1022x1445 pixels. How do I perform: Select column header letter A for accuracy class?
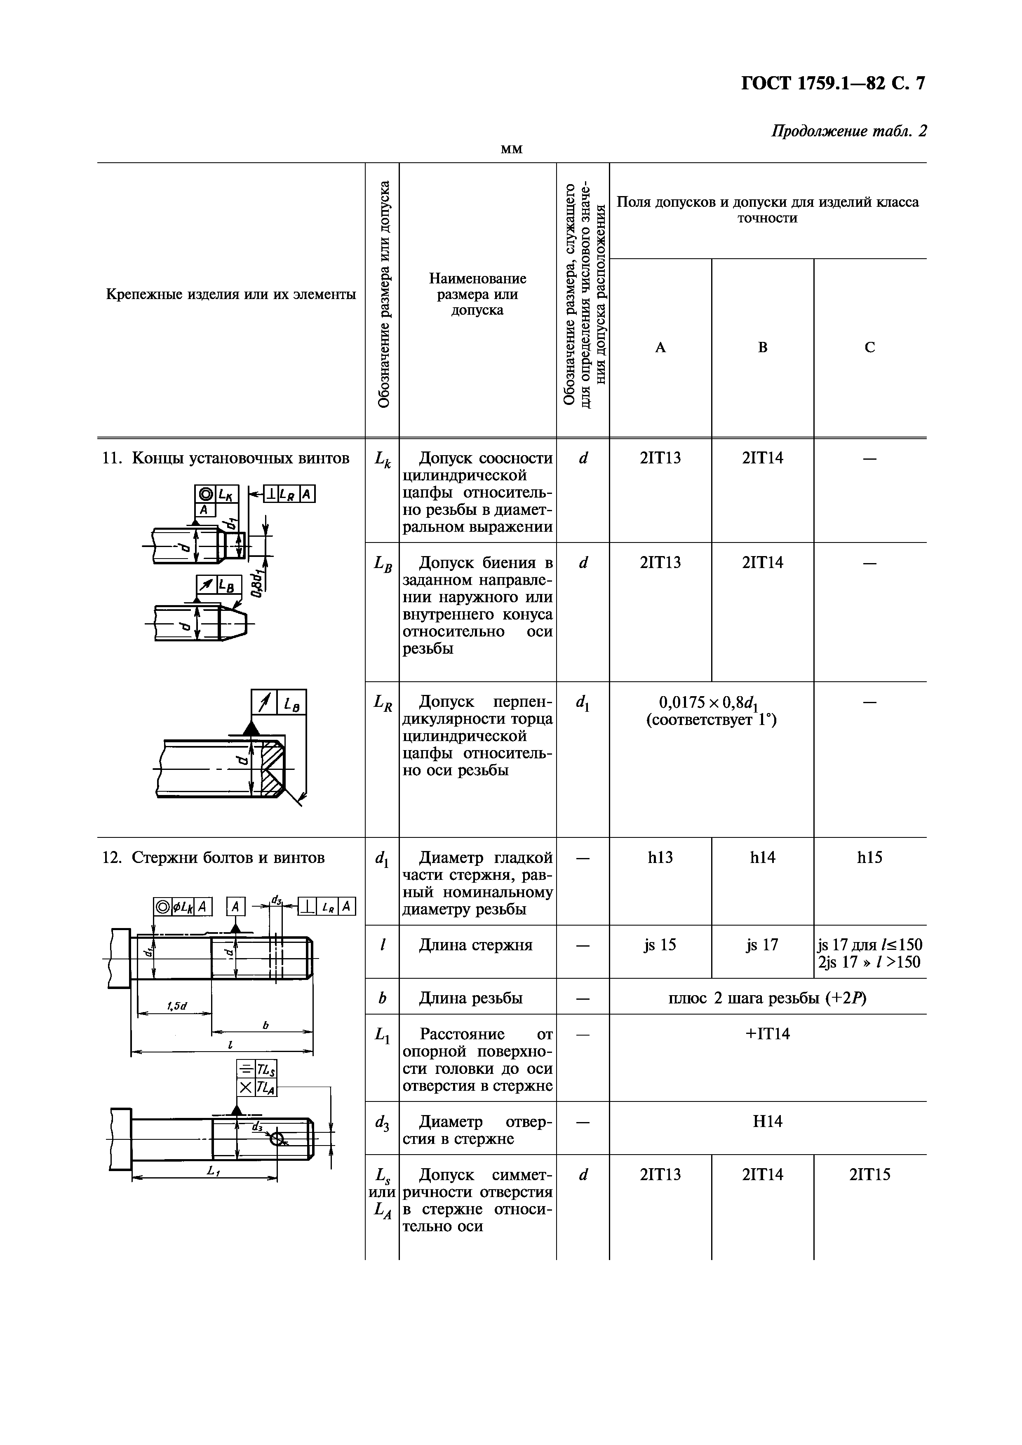click(660, 347)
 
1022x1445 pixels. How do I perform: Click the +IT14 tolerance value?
click(768, 1033)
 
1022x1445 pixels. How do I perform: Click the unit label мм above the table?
click(511, 149)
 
